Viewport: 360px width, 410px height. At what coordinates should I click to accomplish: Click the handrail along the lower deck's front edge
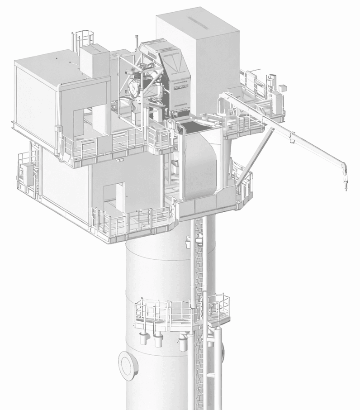[131, 219]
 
